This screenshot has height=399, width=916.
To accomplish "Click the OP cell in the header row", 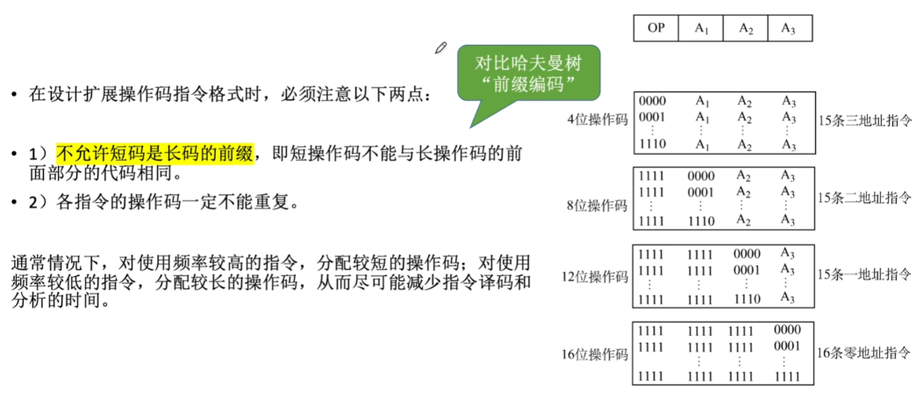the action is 656,28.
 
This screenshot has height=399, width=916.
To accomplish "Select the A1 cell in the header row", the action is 700,28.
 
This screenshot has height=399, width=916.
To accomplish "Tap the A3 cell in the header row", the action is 790,28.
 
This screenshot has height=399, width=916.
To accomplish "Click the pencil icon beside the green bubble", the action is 440,48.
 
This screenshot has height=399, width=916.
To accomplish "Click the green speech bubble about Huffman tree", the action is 528,74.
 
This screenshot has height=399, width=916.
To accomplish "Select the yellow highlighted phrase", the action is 155,154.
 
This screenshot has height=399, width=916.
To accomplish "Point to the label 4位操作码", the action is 598,120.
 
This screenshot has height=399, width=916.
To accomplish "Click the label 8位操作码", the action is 598,205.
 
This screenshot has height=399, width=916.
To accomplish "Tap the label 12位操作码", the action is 595,276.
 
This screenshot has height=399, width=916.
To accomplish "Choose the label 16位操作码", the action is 595,354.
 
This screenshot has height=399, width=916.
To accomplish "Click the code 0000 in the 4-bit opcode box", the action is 652,101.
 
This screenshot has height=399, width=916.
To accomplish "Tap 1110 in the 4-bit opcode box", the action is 652,143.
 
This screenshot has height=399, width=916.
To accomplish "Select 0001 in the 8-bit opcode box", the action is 700,191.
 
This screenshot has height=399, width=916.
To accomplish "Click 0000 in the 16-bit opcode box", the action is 787,330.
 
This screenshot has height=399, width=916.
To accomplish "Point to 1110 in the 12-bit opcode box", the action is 747,299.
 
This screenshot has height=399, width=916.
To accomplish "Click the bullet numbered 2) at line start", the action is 38,203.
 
